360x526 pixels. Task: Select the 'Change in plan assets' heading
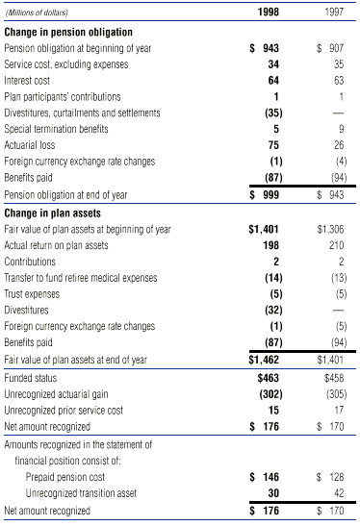click(53, 213)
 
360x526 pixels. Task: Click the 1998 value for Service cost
click(275, 64)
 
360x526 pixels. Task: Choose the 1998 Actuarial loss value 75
click(275, 145)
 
